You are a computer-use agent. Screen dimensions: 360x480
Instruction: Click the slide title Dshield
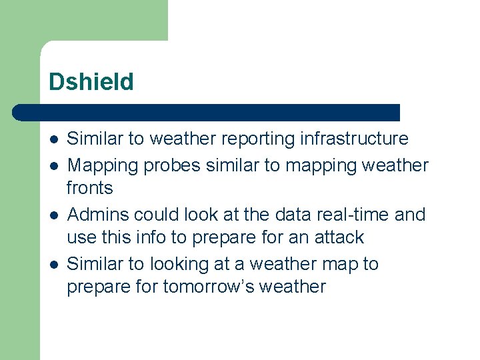click(91, 82)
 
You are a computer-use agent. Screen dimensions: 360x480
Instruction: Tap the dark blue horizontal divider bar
click(207, 112)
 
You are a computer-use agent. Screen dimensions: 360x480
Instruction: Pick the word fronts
click(90, 189)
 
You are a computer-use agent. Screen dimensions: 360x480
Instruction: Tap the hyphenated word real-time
click(353, 215)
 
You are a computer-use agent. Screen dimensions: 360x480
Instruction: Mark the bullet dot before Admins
click(53, 215)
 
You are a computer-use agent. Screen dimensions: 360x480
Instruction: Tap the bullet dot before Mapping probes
click(53, 165)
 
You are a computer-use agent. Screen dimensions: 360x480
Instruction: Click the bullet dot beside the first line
click(53, 139)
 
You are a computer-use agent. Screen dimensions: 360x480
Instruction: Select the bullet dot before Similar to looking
click(53, 265)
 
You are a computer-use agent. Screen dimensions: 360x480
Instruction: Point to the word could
click(156, 215)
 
